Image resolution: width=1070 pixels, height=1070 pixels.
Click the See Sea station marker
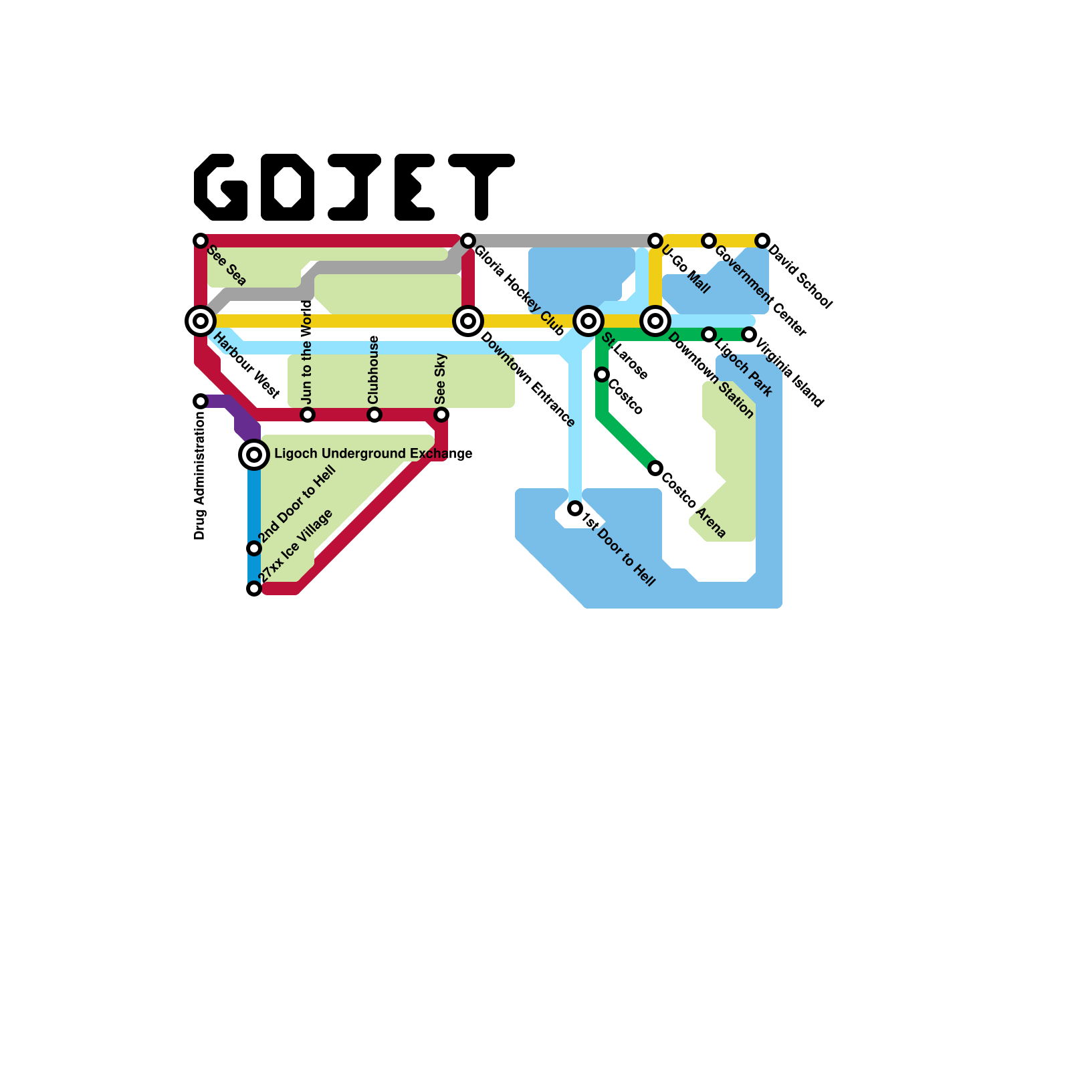click(x=201, y=241)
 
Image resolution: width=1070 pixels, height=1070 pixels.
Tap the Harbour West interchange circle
click(x=201, y=321)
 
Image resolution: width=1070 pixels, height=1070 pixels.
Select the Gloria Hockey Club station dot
click(x=468, y=241)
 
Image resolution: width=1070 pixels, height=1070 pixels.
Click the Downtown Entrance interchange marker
click(x=468, y=321)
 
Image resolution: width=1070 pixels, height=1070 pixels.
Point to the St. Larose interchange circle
click(x=588, y=321)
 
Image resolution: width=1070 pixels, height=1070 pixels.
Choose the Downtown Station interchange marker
click(x=655, y=321)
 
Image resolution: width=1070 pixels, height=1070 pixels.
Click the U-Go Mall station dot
click(x=655, y=241)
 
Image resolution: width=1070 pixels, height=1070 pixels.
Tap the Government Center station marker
click(x=709, y=241)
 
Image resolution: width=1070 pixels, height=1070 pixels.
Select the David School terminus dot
click(x=762, y=241)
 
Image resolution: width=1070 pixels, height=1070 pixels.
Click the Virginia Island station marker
click(x=749, y=334)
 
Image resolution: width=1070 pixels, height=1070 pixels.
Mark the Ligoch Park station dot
click(x=709, y=334)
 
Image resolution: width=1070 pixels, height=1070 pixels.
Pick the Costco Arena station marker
click(x=655, y=468)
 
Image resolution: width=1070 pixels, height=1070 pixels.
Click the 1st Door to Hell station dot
click(x=575, y=509)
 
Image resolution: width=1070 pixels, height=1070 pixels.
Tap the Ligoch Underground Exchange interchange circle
click(x=254, y=455)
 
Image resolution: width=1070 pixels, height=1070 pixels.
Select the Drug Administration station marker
click(x=201, y=401)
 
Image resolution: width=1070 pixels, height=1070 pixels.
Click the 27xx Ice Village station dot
click(x=254, y=588)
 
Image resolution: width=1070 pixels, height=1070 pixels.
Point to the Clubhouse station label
click(x=374, y=369)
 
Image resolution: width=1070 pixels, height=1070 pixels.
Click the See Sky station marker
click(x=441, y=415)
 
